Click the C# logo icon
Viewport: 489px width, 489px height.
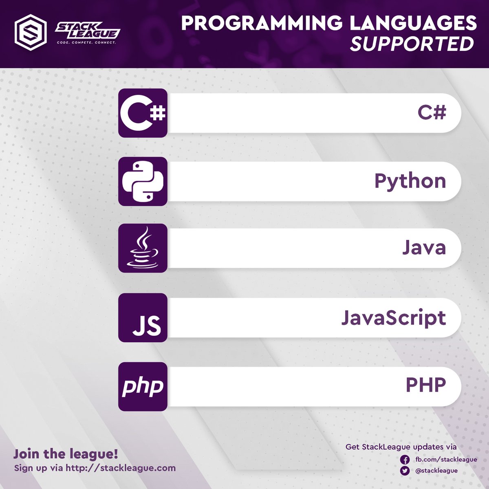point(143,113)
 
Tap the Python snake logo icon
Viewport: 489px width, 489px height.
point(143,181)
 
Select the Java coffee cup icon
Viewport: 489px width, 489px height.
point(143,248)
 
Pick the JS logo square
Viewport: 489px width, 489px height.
point(143,317)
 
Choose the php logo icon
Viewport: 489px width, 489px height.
point(143,386)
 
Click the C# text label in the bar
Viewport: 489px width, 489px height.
point(432,112)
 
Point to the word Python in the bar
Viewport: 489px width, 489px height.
point(410,181)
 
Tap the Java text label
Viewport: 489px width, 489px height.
point(424,248)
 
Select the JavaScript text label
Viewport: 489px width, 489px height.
point(393,318)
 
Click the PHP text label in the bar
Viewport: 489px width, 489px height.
point(425,385)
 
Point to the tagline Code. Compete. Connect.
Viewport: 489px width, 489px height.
point(86,42)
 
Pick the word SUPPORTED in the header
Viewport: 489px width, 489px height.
point(412,44)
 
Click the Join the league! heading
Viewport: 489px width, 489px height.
point(66,454)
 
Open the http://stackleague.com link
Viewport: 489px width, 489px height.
point(121,468)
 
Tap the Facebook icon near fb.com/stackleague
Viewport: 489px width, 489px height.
point(405,460)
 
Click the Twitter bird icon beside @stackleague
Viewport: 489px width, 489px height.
point(405,471)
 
